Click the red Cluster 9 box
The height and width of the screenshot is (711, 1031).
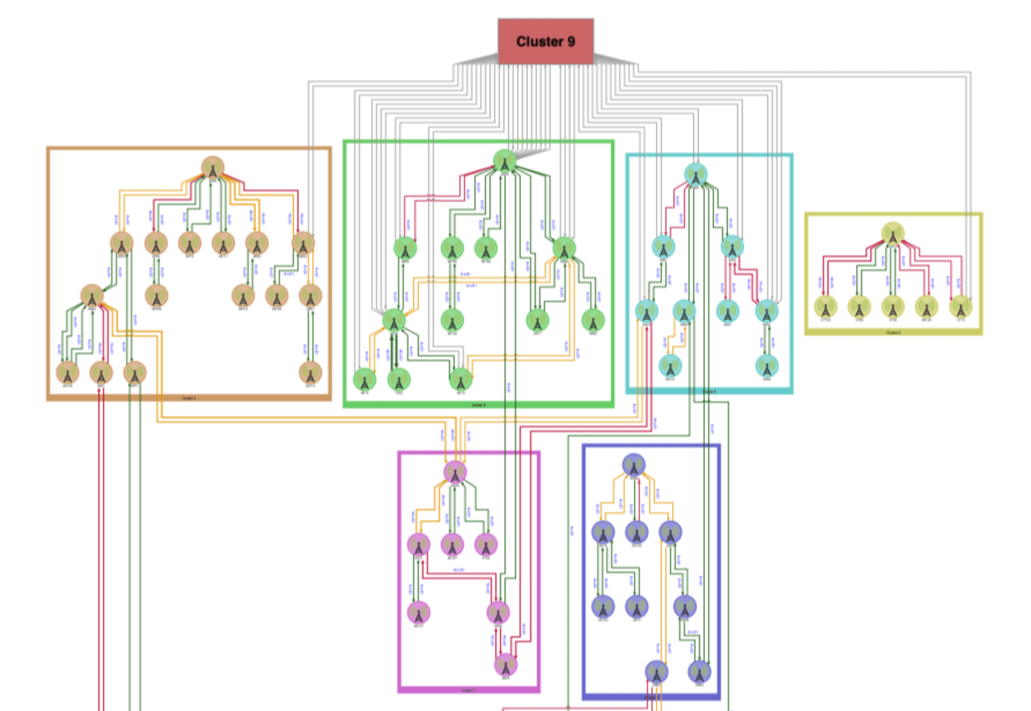click(546, 41)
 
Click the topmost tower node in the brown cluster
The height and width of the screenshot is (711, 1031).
click(212, 168)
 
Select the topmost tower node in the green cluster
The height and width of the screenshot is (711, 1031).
click(505, 161)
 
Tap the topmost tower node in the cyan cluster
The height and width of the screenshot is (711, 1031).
click(695, 174)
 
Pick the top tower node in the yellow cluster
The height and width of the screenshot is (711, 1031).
click(893, 234)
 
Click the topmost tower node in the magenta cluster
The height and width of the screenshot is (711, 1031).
click(455, 472)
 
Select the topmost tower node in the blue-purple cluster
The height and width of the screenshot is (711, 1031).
click(634, 466)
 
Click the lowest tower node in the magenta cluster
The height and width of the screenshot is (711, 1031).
click(506, 665)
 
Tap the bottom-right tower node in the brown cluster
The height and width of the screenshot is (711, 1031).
click(310, 373)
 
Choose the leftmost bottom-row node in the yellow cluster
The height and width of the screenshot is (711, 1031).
click(826, 307)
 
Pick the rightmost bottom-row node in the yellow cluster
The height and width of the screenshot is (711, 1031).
click(960, 307)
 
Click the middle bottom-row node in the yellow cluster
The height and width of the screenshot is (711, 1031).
click(893, 307)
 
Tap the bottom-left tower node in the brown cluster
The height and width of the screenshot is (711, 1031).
click(67, 373)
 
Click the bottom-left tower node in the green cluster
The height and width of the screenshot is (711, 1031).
click(364, 380)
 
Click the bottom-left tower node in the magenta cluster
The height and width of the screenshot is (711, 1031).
click(418, 613)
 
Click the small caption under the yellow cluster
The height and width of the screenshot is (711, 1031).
click(893, 333)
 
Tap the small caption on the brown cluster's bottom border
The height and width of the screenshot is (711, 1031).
click(189, 398)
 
